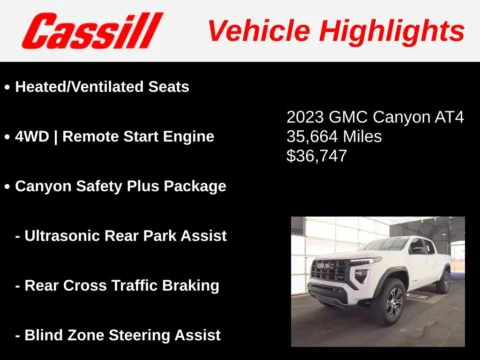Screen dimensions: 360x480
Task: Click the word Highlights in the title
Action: tap(393, 31)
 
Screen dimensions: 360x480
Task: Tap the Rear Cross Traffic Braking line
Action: tap(117, 286)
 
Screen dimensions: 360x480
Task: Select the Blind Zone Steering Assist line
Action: tap(117, 335)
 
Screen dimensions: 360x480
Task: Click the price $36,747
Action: tap(316, 156)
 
